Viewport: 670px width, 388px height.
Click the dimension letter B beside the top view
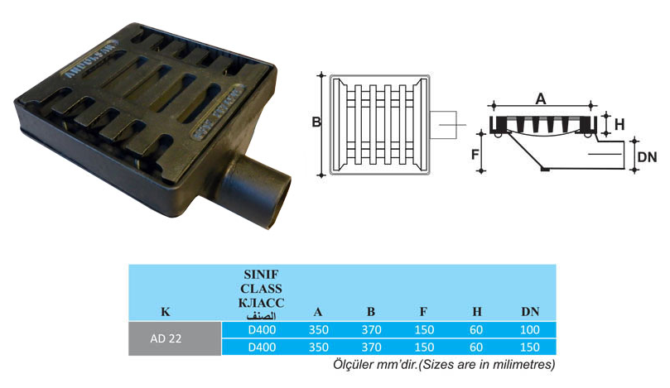pyautogui.click(x=316, y=123)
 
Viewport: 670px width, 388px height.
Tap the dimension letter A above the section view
pyautogui.click(x=541, y=98)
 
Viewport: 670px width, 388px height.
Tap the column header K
pyautogui.click(x=165, y=312)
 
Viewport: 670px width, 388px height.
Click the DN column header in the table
pyautogui.click(x=530, y=312)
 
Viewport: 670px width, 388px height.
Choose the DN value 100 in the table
pyautogui.click(x=530, y=331)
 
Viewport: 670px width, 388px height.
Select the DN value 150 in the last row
pyautogui.click(x=530, y=347)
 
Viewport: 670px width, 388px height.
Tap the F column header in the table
pyautogui.click(x=423, y=312)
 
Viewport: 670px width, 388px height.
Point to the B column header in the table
pyautogui.click(x=370, y=312)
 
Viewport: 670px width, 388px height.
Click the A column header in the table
pyautogui.click(x=318, y=312)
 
